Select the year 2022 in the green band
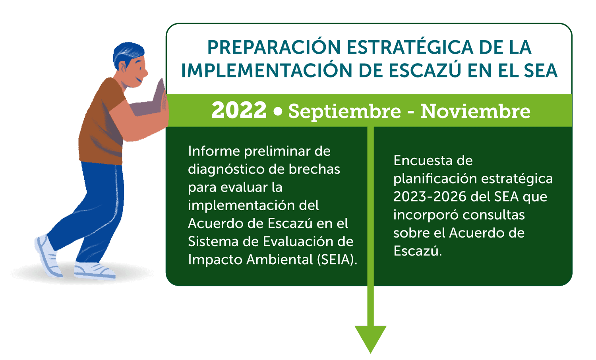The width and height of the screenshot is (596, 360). click(239, 110)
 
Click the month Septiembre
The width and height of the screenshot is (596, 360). click(344, 112)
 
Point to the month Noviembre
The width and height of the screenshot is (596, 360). click(475, 111)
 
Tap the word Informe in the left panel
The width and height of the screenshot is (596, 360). click(214, 151)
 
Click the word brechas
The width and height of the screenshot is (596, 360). click(314, 169)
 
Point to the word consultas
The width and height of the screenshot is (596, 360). click(493, 215)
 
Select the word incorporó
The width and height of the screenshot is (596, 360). click(426, 215)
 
